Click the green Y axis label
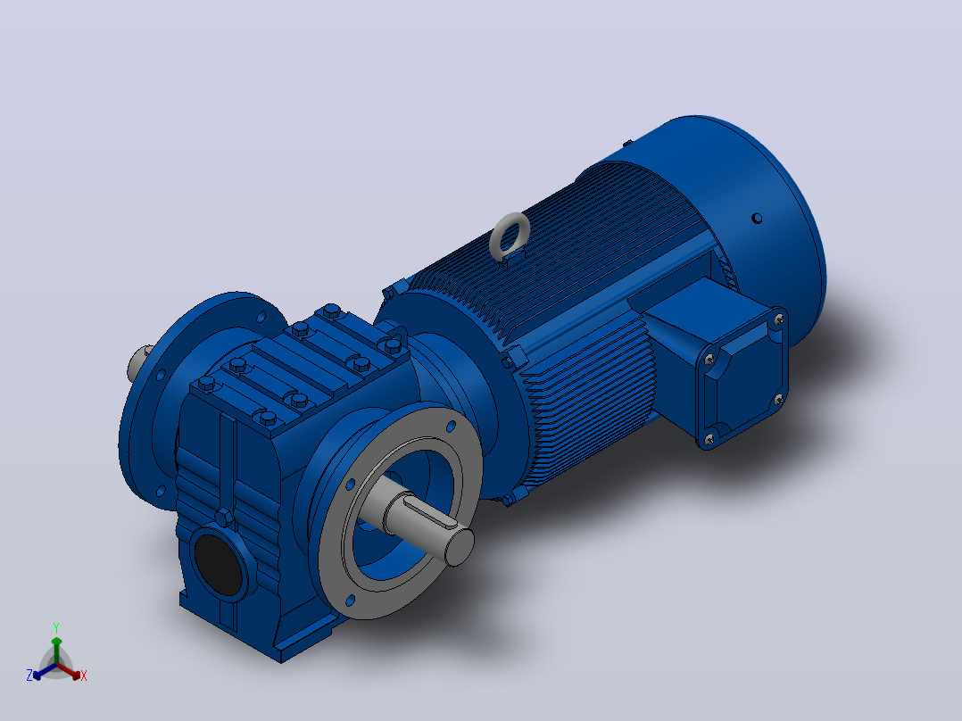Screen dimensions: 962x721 pyautogui.click(x=56, y=628)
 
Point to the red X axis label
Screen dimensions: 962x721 pyautogui.click(x=84, y=675)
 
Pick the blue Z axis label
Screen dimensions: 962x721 pyautogui.click(x=29, y=675)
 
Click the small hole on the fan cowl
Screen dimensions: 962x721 pyautogui.click(x=757, y=218)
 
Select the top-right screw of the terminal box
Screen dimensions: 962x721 pyautogui.click(x=779, y=319)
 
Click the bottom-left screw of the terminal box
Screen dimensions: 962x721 pyautogui.click(x=709, y=439)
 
